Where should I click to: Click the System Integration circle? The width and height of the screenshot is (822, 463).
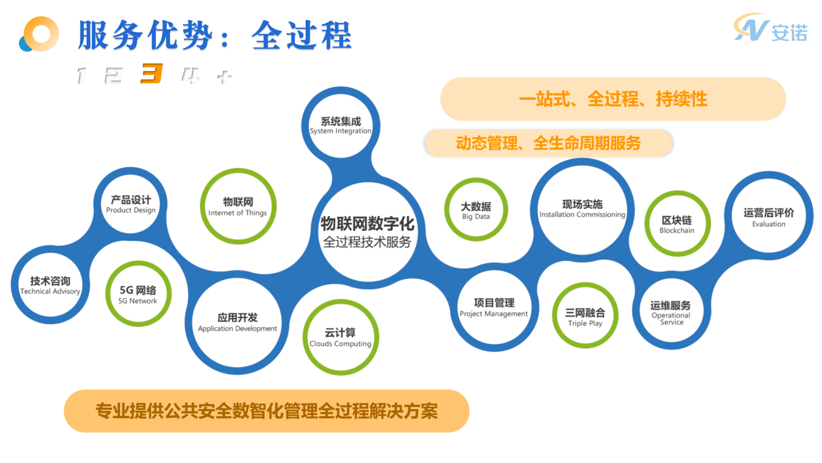point(340,126)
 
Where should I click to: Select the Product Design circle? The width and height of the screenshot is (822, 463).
point(130,204)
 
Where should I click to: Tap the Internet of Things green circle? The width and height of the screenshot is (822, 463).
point(238,207)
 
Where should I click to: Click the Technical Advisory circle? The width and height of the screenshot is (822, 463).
point(50,285)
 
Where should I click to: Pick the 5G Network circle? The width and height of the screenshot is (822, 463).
point(138,295)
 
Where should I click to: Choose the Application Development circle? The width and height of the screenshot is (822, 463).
point(237,323)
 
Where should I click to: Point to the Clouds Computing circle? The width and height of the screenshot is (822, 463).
point(340,337)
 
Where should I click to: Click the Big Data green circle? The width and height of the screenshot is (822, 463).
point(476,210)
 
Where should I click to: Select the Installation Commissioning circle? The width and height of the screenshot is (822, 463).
point(582,208)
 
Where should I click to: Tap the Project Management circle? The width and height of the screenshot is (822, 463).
point(494,308)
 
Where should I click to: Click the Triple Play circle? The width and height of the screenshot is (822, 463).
point(585,317)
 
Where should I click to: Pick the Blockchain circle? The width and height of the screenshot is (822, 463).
point(677,224)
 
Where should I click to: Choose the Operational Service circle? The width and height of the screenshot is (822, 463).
point(671,312)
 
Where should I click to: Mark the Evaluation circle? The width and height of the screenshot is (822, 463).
point(768,217)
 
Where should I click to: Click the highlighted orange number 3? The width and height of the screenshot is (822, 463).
point(151,74)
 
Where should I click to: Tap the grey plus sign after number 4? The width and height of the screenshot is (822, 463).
point(224,76)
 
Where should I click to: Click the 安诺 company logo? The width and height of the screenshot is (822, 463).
point(771,29)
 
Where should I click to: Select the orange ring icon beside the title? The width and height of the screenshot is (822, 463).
point(39,35)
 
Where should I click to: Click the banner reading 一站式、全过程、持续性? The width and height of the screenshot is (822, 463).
point(613,99)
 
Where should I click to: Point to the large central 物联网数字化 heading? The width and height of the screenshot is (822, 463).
point(367,224)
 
